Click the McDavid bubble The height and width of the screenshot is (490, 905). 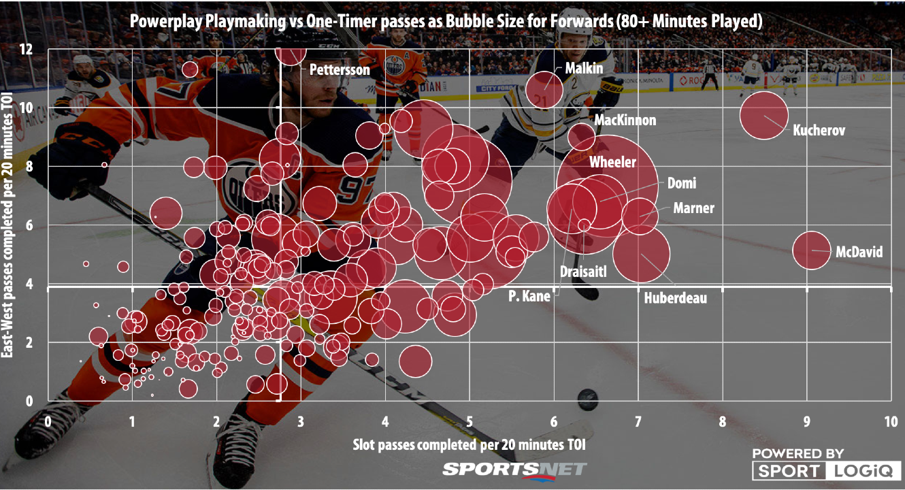[812, 250]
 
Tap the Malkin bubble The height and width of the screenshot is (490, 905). [544, 89]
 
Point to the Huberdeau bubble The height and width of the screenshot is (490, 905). [641, 255]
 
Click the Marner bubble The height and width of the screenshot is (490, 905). [640, 216]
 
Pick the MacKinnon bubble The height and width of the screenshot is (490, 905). [582, 136]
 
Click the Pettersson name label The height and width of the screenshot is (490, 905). [340, 69]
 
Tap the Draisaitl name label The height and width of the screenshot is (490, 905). [582, 272]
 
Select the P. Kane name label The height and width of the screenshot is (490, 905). [529, 296]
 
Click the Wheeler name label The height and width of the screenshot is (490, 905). [612, 162]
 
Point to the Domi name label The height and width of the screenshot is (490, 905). [681, 183]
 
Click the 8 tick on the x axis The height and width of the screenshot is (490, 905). [722, 421]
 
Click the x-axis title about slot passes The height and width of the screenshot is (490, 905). [469, 444]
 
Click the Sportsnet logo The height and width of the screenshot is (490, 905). [514, 469]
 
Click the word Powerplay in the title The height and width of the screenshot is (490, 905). [161, 22]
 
